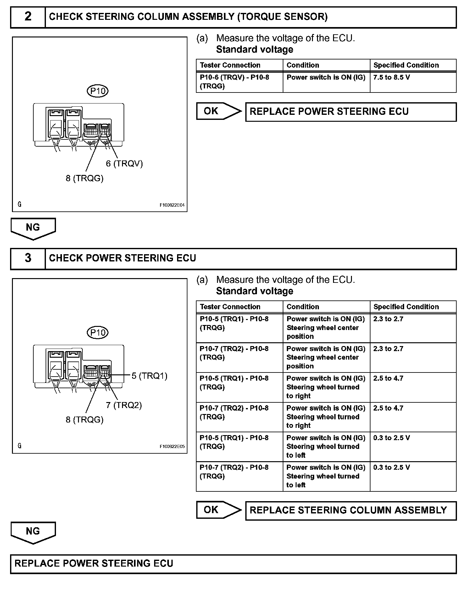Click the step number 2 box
click(x=28, y=17)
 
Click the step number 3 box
click(x=28, y=258)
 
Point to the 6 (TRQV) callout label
click(x=124, y=164)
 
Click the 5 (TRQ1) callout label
click(x=149, y=376)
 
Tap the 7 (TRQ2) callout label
click(x=124, y=405)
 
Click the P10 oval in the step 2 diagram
click(x=97, y=91)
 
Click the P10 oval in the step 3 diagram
click(x=97, y=333)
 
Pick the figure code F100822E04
click(x=172, y=205)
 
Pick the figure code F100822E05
click(x=172, y=446)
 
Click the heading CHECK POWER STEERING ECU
click(x=123, y=258)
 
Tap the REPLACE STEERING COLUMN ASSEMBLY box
click(x=351, y=510)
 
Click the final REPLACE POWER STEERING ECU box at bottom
click(x=233, y=563)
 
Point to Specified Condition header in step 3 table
click(x=406, y=307)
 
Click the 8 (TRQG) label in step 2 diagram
click(x=85, y=178)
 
